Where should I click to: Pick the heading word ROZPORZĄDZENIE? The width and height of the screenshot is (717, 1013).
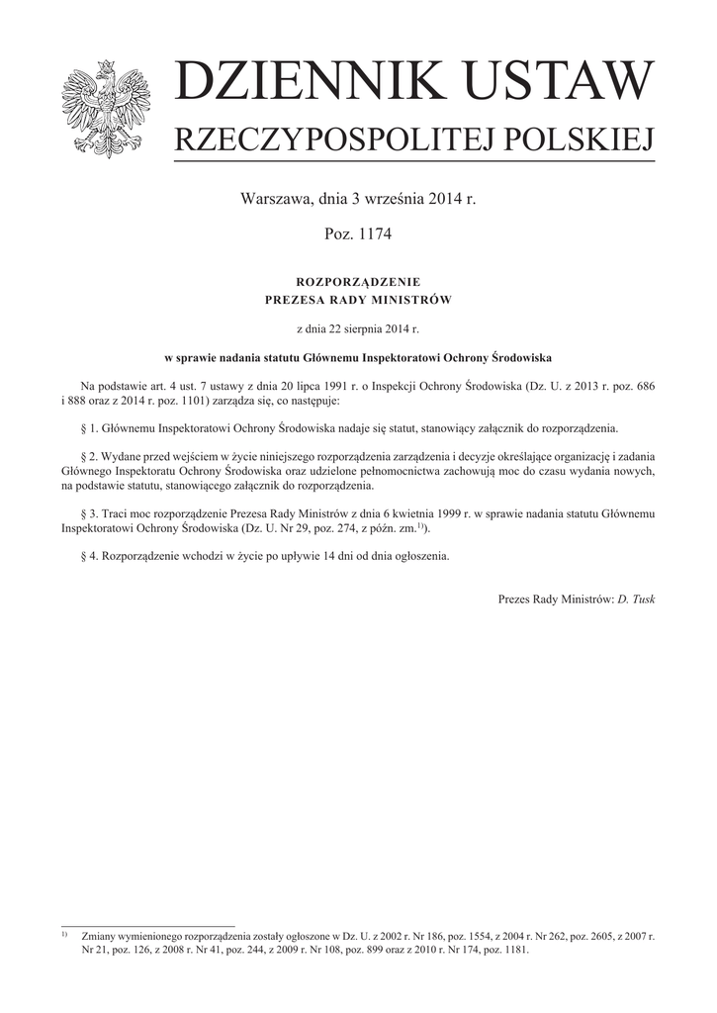pyautogui.click(x=358, y=281)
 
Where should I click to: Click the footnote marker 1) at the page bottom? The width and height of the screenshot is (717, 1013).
pyautogui.click(x=64, y=933)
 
